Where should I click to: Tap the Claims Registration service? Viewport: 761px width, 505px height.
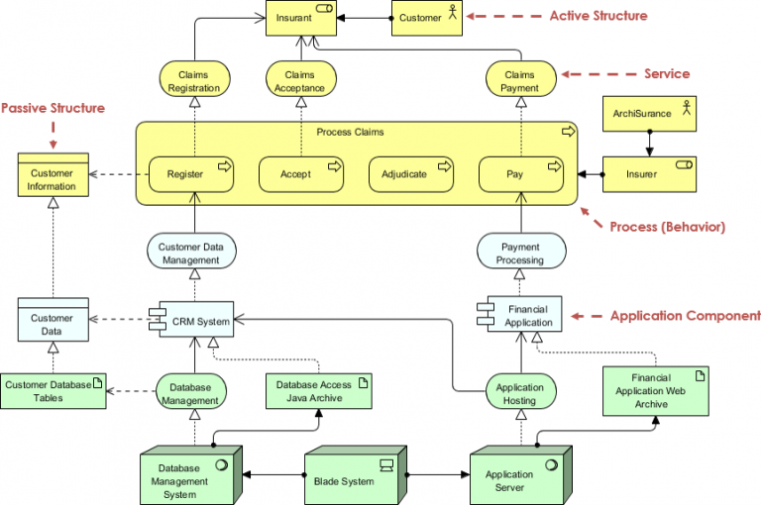coord(194,80)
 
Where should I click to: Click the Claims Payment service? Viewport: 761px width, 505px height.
coord(519,80)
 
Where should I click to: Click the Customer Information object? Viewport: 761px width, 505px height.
coord(52,179)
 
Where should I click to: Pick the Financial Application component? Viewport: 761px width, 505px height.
coord(520,314)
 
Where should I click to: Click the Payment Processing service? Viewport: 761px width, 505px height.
coord(520,252)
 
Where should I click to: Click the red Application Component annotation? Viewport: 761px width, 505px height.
coord(685,316)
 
